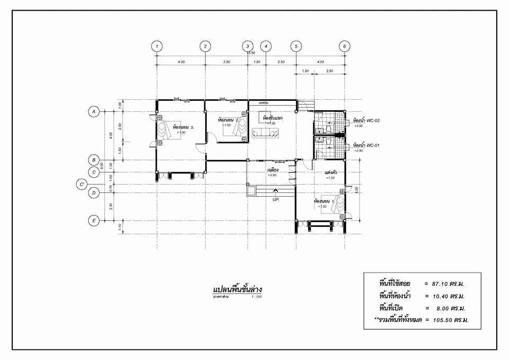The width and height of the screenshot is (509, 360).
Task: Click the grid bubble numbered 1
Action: pos(156,46)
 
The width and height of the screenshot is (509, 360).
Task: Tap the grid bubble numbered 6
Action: pos(345,46)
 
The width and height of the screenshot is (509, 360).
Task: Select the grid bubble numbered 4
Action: pos(266,46)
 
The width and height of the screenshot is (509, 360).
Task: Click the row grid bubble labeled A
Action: pos(94,111)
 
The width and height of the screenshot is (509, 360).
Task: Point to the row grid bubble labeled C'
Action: pos(82,185)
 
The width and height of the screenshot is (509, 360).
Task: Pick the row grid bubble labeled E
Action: pos(94,221)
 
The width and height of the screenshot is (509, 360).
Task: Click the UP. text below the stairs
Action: pos(276,199)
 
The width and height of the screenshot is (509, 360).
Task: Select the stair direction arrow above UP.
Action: pos(275,191)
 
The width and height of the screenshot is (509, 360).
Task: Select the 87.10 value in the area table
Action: pos(450,284)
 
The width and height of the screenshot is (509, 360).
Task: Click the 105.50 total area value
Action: pos(450,320)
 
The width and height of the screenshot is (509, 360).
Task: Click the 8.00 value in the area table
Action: pos(451,308)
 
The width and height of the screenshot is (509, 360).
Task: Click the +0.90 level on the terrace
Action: pos(272,175)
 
